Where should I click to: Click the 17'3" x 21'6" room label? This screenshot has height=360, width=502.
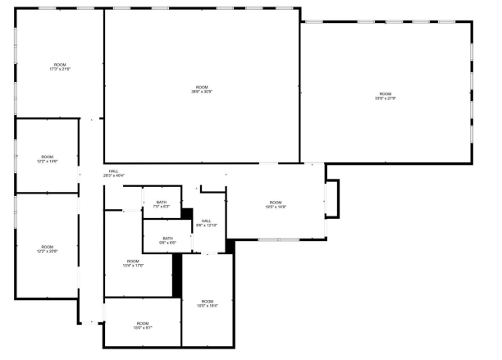(x=60, y=67)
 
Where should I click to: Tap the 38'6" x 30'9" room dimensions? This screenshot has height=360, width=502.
(x=203, y=89)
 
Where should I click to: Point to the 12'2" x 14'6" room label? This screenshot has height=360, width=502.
(x=48, y=159)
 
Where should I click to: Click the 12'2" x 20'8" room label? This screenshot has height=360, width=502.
(x=48, y=249)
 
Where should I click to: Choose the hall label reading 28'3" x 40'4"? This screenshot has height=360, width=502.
(x=113, y=174)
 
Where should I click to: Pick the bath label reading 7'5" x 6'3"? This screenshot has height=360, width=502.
(x=162, y=204)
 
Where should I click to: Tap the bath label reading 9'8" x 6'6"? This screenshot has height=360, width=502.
(x=167, y=240)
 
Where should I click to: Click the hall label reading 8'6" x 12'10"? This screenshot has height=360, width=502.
(x=207, y=222)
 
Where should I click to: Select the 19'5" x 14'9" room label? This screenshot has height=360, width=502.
(x=276, y=205)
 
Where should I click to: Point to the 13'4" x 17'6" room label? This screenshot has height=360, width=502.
(x=133, y=263)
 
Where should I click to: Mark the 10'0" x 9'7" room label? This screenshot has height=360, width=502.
(x=143, y=326)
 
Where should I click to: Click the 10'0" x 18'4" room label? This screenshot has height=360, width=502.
(x=207, y=303)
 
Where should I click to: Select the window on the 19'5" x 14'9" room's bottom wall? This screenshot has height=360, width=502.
(x=277, y=239)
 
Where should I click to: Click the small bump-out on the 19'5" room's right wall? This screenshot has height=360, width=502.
(x=332, y=198)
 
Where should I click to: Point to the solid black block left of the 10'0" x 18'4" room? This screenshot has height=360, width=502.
(x=177, y=276)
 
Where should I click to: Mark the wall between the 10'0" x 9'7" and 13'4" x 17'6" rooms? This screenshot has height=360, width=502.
(x=141, y=298)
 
